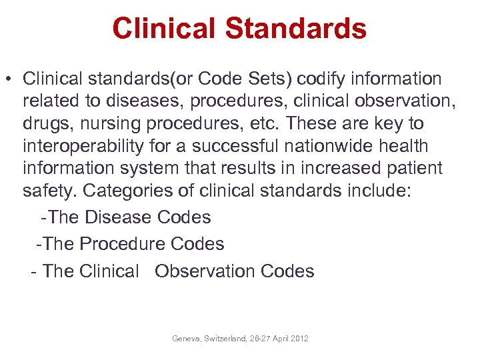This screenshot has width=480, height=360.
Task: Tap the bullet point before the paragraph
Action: (10, 79)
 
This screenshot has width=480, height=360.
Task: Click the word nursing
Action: (105, 124)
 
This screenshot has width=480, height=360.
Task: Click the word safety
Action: (50, 191)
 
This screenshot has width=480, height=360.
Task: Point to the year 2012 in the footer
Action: (299, 339)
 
